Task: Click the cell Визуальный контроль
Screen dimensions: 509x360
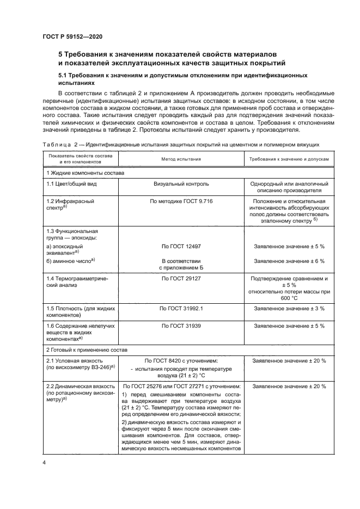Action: (x=181, y=184)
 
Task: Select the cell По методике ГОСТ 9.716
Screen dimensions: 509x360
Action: (x=181, y=201)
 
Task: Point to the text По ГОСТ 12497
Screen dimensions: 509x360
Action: (x=181, y=246)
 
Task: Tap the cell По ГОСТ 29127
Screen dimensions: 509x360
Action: (x=181, y=279)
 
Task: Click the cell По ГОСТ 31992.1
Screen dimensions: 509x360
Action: (x=181, y=309)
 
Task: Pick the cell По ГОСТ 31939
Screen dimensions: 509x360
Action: (x=181, y=326)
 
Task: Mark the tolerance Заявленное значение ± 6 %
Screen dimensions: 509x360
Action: (x=289, y=261)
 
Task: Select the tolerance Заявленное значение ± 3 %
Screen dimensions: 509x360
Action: (x=289, y=309)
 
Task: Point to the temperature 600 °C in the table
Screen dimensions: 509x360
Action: (x=289, y=298)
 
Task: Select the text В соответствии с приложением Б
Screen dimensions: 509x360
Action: (x=181, y=265)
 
